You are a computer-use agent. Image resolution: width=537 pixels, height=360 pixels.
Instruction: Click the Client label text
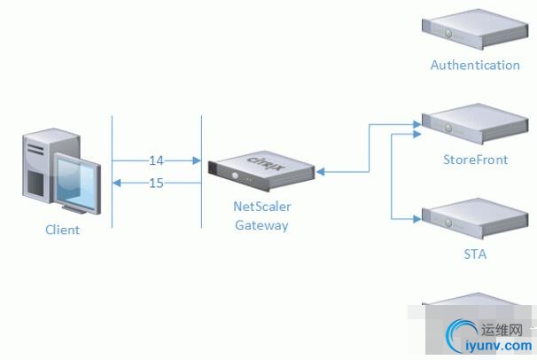63,231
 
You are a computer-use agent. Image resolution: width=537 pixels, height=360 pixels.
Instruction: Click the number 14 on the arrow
156,160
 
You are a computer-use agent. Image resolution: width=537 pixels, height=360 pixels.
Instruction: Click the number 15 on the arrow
156,184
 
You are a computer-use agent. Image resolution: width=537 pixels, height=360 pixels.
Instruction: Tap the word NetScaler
262,207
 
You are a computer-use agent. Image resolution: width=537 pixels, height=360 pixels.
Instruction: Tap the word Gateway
261,225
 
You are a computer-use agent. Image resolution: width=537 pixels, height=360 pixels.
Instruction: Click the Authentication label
475,65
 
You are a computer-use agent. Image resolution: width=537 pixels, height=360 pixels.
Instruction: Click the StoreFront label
475,160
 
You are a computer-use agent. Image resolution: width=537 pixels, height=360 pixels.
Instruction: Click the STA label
475,254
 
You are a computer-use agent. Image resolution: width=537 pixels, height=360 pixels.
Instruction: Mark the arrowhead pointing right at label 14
198,160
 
